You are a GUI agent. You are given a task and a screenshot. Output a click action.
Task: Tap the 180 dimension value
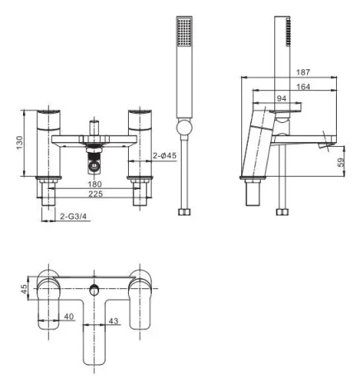[95, 183]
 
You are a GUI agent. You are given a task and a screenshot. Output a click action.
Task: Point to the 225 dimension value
[95, 194]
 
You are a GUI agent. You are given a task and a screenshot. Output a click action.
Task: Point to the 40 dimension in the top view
[69, 316]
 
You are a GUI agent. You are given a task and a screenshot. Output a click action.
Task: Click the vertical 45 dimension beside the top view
[24, 288]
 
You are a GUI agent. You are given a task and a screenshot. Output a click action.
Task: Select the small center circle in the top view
[96, 289]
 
